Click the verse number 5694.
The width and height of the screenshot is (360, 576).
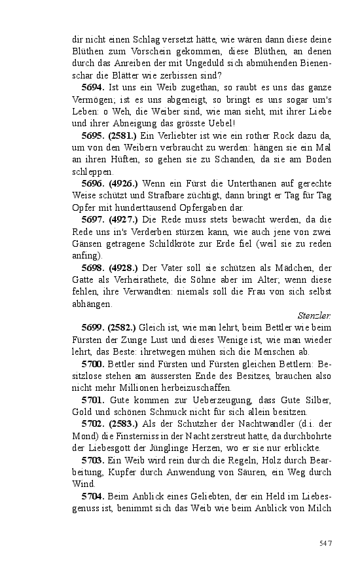point(93,86)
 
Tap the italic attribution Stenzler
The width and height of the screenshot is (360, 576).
point(314,315)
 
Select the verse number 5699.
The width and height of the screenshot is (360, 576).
point(93,327)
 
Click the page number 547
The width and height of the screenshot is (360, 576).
point(326,543)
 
